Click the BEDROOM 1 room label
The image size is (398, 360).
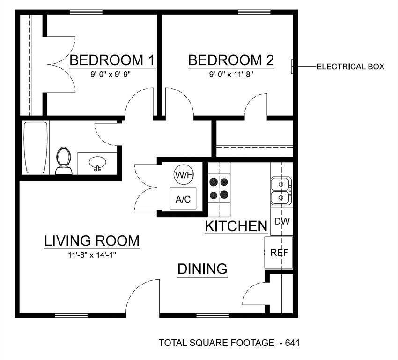tap(112, 60)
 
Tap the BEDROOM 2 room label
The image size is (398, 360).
tap(231, 60)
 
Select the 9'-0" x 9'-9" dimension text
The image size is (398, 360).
tap(112, 74)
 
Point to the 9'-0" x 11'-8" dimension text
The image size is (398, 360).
tap(231, 74)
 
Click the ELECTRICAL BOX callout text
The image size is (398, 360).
tap(350, 67)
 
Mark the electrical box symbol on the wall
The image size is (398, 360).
tap(292, 67)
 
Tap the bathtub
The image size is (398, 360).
tap(36, 148)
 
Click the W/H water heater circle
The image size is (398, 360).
tap(183, 175)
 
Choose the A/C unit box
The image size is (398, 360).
tap(183, 199)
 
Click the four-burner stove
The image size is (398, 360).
tap(219, 188)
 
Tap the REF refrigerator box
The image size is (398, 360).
tap(279, 253)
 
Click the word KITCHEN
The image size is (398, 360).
tap(236, 226)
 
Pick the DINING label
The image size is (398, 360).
tap(202, 269)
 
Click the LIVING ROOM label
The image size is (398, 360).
tap(92, 241)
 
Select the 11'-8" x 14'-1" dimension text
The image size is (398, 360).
tap(92, 255)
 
